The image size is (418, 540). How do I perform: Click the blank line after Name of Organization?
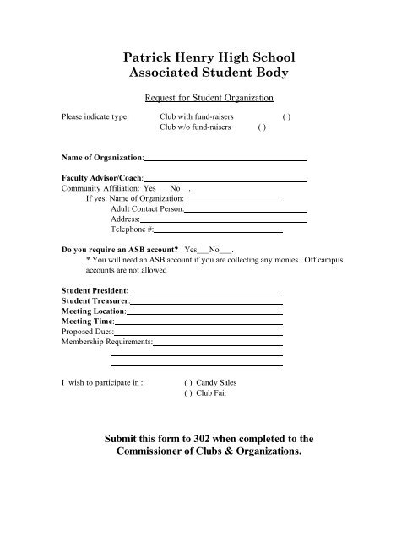(225, 158)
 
